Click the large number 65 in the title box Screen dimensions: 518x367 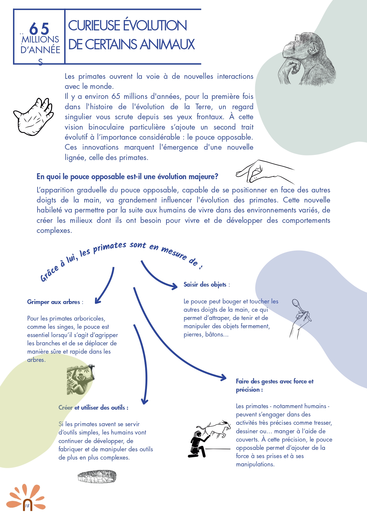39,29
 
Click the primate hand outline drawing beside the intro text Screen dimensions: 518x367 34,117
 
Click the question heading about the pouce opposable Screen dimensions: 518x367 127,177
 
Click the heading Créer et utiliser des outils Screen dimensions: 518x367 93,408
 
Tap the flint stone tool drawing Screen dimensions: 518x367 97,476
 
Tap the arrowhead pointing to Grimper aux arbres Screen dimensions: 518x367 98,301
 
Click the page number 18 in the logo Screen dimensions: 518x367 27,506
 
